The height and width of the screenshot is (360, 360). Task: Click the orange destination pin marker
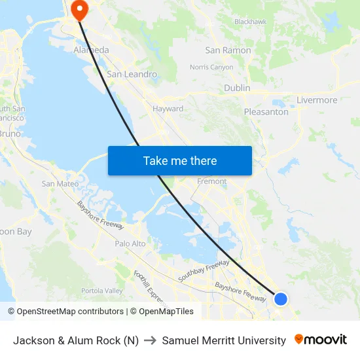79,10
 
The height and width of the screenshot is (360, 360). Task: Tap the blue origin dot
281,299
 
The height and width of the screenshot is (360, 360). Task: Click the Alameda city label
92,50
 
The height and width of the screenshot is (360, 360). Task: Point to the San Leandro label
132,74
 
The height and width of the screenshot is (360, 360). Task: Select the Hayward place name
168,109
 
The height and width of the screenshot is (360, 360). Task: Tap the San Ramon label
228,50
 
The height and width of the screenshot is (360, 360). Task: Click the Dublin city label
237,88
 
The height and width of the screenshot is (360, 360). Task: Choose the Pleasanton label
266,112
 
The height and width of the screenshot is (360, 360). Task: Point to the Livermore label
317,100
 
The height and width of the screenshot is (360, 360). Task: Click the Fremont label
211,181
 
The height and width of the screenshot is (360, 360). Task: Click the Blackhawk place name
251,22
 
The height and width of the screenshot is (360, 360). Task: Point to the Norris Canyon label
211,67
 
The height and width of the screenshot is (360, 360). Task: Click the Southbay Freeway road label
206,270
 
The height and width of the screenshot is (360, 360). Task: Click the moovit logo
321,340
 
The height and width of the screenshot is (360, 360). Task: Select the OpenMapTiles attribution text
162,312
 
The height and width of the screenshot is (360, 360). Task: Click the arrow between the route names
151,340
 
